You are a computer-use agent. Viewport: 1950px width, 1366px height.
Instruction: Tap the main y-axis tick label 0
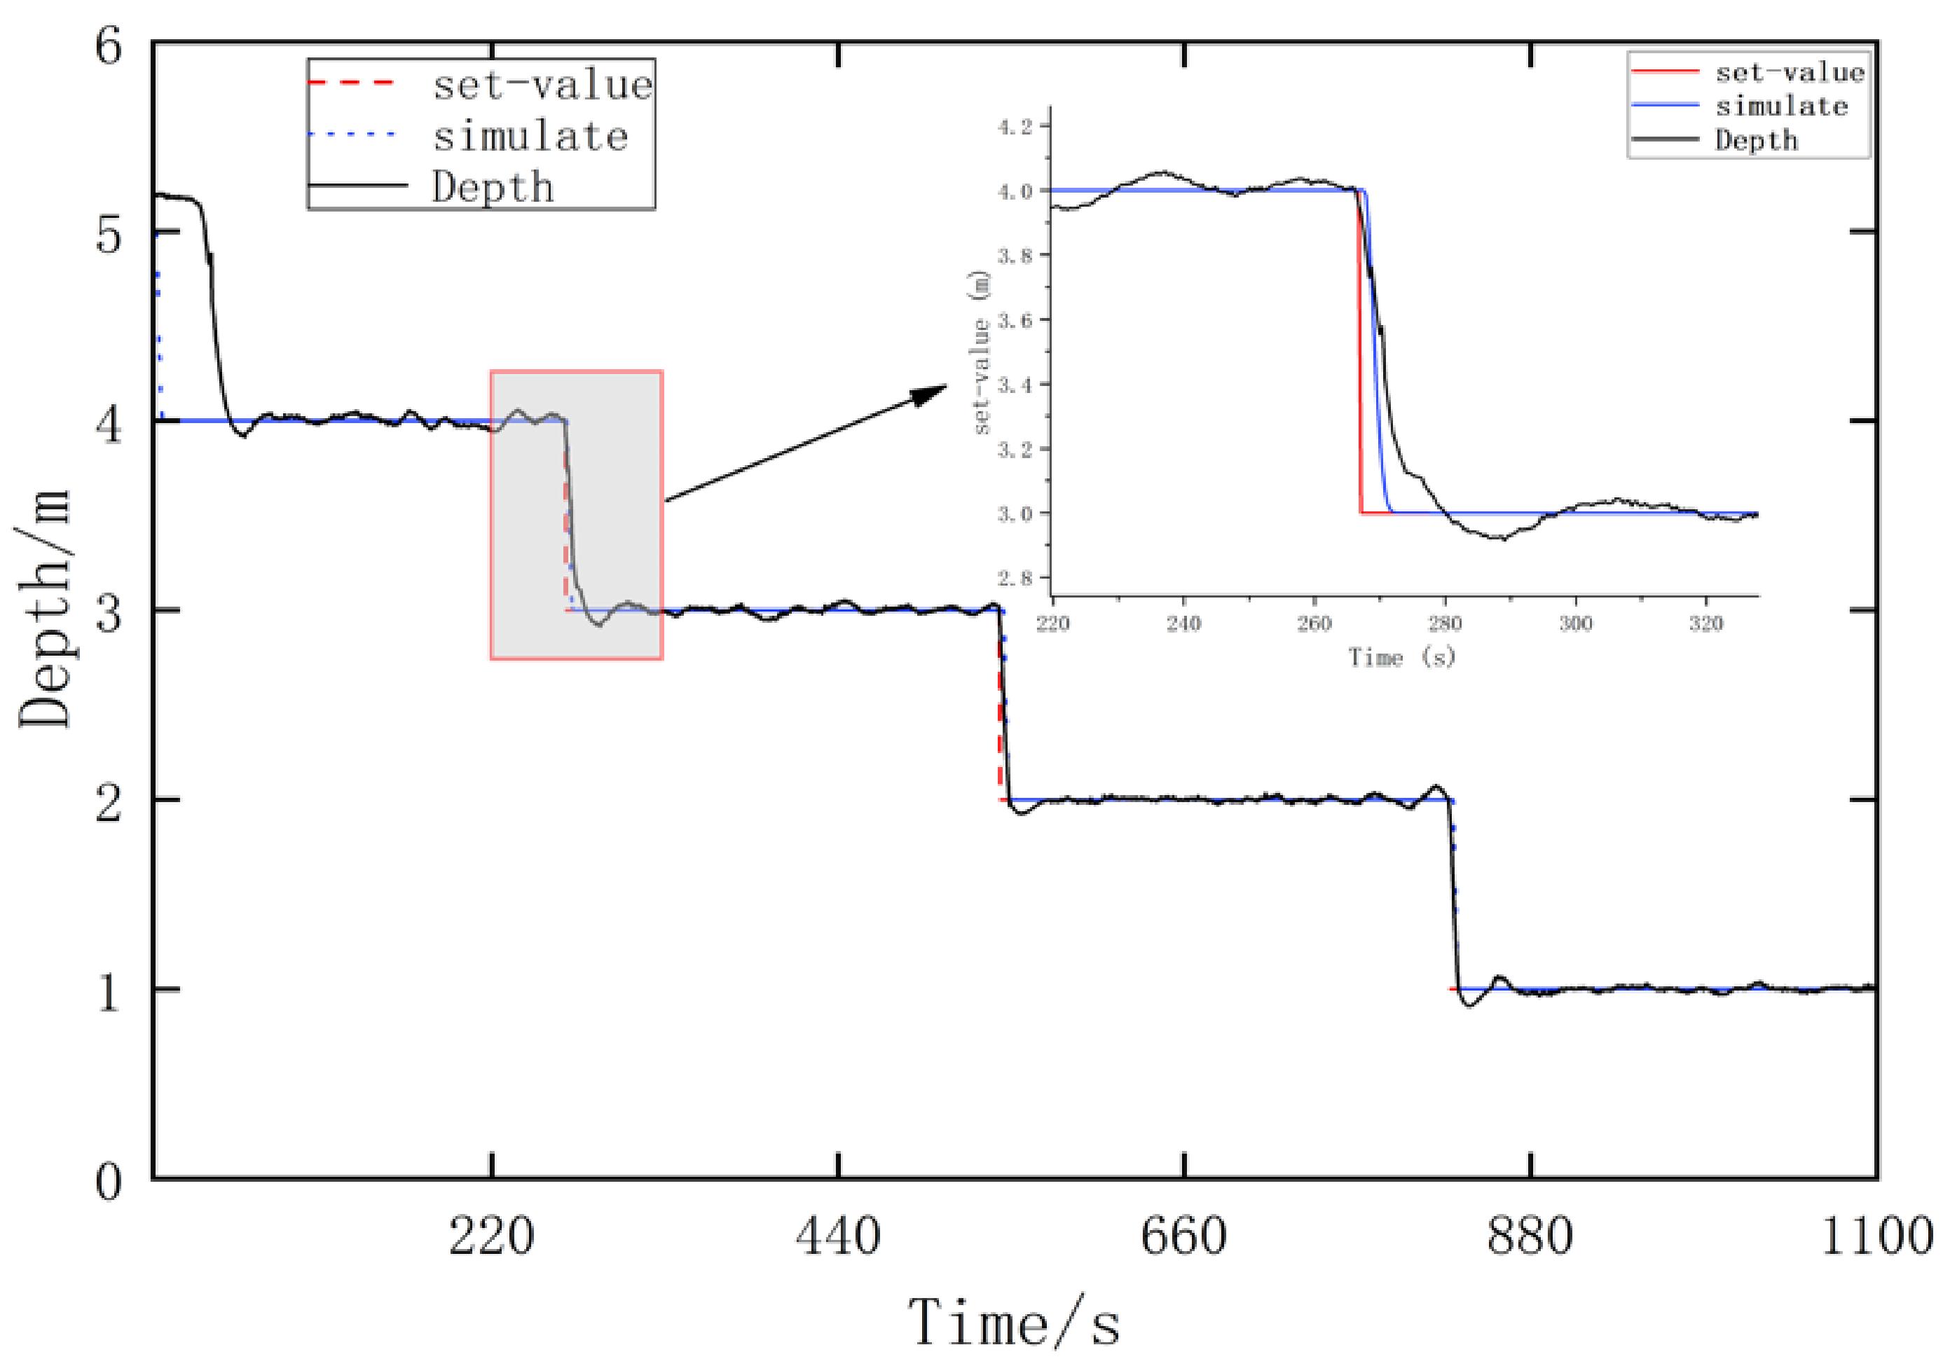pos(109,1181)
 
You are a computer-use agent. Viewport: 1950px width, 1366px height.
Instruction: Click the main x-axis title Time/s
pos(1014,1323)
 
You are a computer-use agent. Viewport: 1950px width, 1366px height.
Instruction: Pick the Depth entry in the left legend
pos(493,187)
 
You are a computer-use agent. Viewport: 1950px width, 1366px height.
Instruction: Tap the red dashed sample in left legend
pos(352,83)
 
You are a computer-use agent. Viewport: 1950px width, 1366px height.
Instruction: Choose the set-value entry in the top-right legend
pos(1790,73)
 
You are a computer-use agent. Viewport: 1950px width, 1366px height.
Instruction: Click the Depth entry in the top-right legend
pos(1757,140)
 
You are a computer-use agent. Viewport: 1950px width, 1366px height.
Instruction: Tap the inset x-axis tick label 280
pos(1445,624)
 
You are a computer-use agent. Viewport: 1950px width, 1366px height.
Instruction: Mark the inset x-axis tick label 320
pos(1706,624)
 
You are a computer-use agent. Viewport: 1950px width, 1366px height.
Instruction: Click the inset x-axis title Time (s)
pos(1402,657)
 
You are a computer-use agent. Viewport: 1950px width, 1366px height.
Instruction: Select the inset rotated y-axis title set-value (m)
pos(982,353)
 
